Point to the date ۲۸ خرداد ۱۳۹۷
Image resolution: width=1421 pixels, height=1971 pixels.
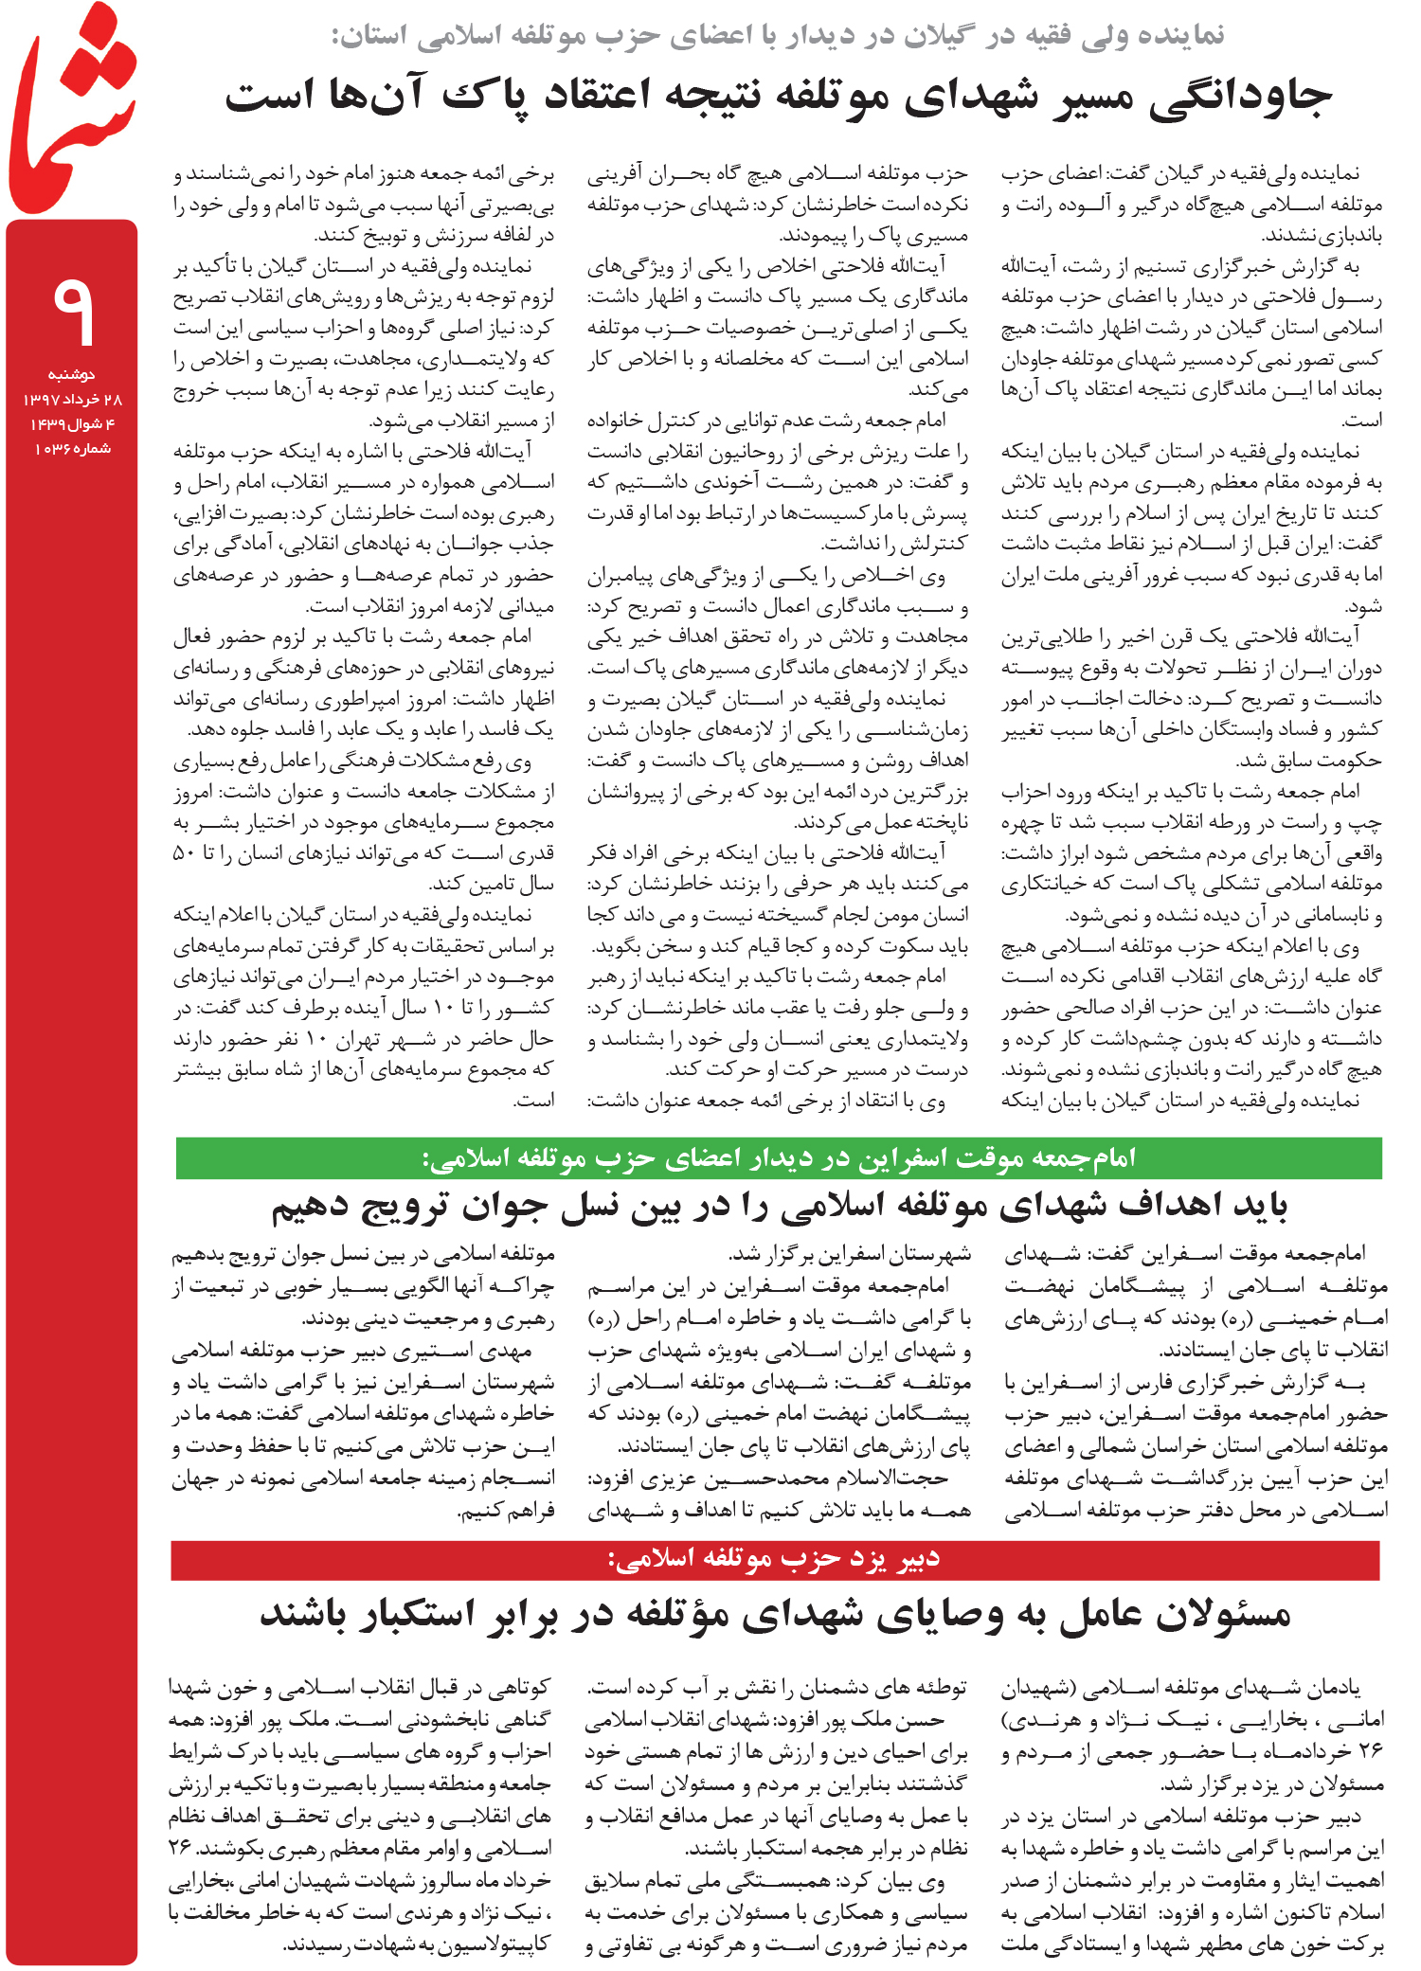(73, 399)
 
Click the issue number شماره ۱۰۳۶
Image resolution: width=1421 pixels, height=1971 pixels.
(73, 448)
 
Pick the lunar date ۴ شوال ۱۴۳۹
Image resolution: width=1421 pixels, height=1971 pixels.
(73, 423)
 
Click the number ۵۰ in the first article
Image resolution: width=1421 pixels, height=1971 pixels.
(184, 853)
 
